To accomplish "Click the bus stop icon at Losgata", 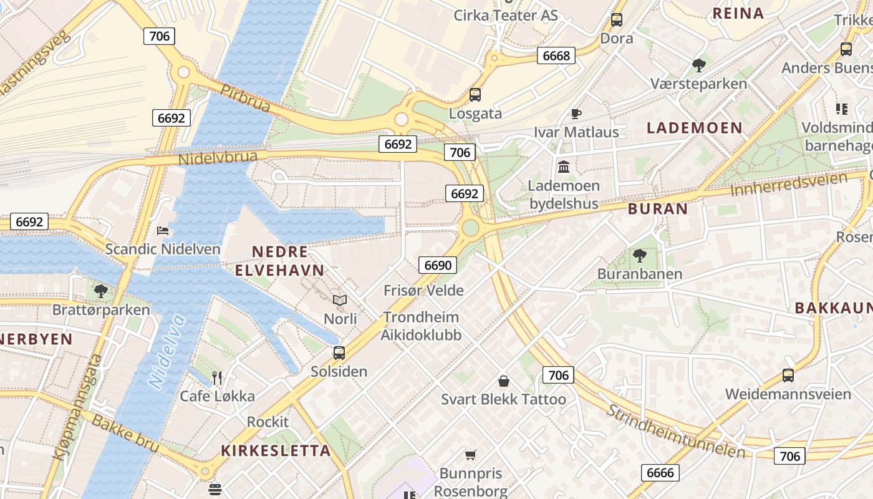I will [475, 95].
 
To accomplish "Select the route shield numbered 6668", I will [556, 56].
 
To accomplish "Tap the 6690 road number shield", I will [437, 265].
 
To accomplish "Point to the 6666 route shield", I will [660, 472].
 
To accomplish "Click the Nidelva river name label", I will [166, 352].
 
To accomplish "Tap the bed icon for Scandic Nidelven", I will [163, 231].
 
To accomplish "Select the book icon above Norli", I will [340, 301].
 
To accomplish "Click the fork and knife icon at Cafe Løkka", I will [217, 377].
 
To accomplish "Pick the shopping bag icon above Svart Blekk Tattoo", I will [504, 380].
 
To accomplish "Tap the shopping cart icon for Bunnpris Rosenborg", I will [471, 455].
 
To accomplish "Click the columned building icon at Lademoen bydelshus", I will [564, 167].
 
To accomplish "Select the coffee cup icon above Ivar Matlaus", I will [576, 114].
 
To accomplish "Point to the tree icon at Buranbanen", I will [639, 255].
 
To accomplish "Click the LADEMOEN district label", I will [694, 128].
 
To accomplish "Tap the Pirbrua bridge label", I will [245, 99].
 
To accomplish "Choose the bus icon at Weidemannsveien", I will [788, 375].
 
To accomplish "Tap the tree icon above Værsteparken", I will [699, 65].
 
